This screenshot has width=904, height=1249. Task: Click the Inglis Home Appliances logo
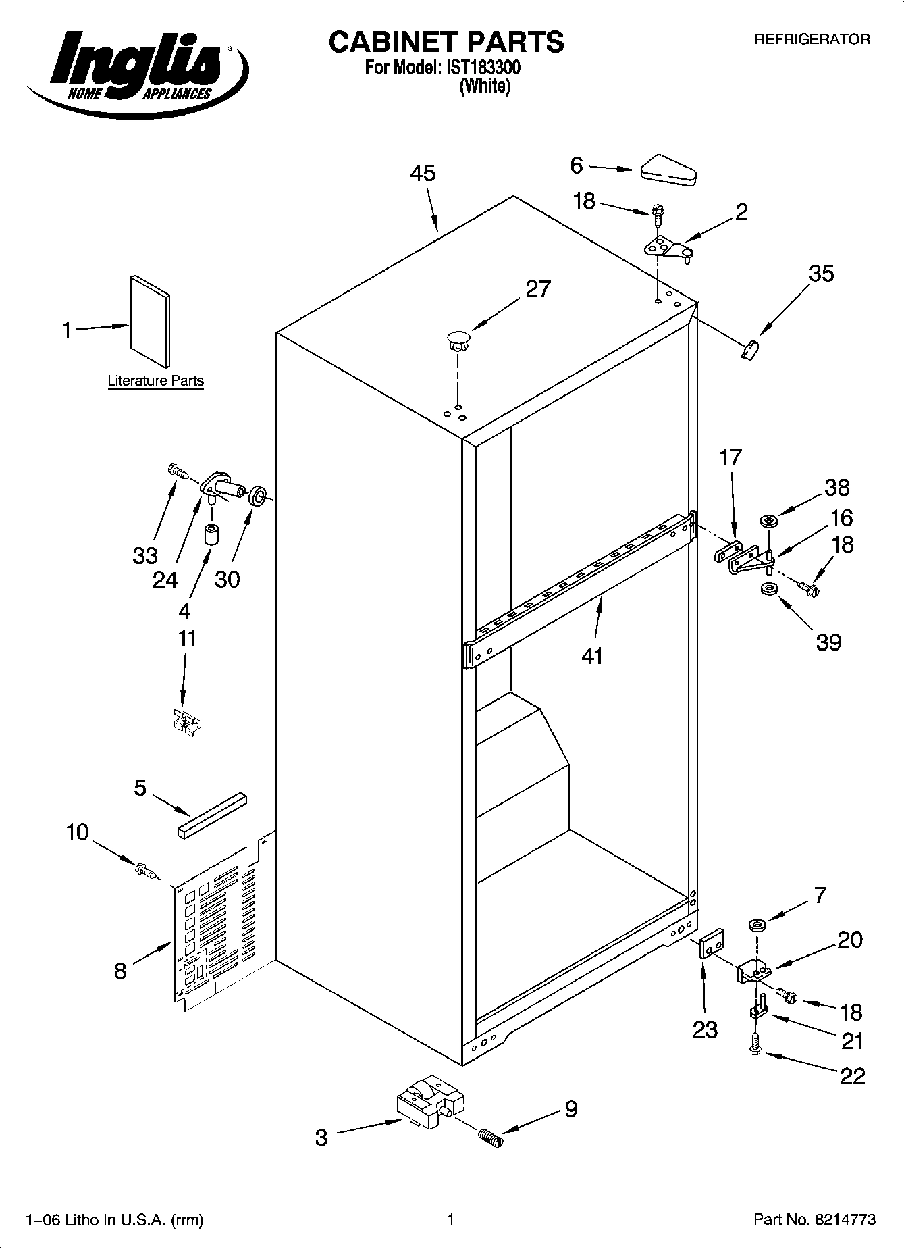(135, 68)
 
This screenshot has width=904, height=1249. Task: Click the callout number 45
(423, 174)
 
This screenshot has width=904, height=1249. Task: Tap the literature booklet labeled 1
(150, 321)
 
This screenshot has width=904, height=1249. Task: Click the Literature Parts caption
(155, 381)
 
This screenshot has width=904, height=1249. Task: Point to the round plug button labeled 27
(458, 338)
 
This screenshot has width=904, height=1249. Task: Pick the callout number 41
(591, 655)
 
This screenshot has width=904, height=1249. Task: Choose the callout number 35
(821, 274)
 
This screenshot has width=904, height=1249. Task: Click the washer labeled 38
(769, 521)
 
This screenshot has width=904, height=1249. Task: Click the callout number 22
(852, 1075)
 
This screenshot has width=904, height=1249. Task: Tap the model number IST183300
(482, 68)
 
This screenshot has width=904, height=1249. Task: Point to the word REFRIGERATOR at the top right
(812, 39)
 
